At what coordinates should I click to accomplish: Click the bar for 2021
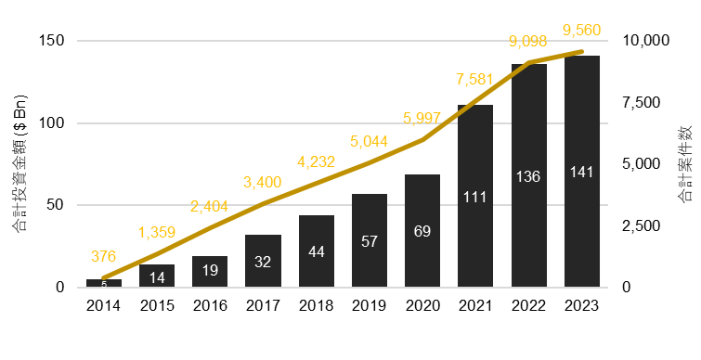(474, 196)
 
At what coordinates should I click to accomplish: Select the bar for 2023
(582, 172)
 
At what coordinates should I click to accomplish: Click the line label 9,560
(582, 31)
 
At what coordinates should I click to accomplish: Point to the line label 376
(104, 255)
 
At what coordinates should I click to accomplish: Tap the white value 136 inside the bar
(528, 175)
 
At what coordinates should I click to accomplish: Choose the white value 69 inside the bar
(422, 230)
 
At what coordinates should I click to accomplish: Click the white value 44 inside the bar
(316, 251)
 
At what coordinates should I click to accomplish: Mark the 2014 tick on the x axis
(104, 305)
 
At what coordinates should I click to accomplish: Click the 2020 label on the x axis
(422, 305)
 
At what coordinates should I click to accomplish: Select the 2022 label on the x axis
(528, 305)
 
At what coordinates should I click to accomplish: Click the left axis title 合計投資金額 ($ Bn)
(19, 163)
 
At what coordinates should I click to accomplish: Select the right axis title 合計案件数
(683, 164)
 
